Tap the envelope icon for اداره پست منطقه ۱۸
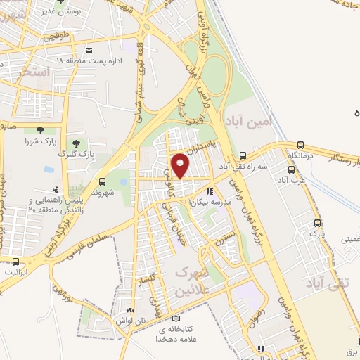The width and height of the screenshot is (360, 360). [x=88, y=51]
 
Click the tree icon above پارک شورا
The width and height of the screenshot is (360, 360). [x=39, y=129]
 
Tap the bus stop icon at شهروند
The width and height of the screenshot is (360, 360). [x=103, y=181]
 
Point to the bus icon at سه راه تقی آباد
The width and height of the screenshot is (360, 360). [x=243, y=155]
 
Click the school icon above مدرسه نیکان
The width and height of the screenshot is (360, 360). [x=209, y=191]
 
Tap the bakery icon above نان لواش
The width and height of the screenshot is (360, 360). [x=129, y=310]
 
